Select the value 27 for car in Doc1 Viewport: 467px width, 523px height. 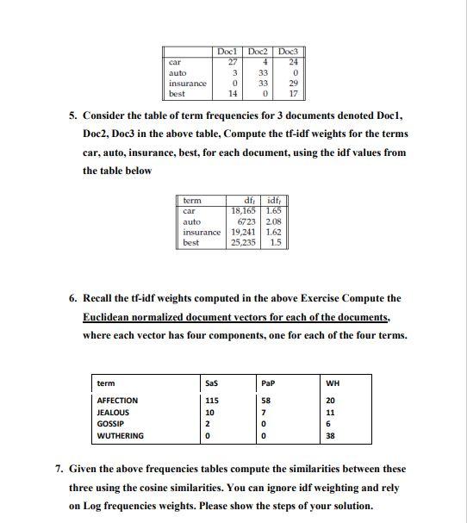point(231,62)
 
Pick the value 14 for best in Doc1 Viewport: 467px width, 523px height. point(231,93)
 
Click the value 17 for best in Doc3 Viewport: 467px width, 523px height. point(294,93)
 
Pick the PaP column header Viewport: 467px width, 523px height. point(268,383)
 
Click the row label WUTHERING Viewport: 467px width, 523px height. point(121,436)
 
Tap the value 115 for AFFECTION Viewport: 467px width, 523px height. point(212,401)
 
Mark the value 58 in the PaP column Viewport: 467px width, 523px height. point(267,401)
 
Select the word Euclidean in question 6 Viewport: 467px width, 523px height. point(106,317)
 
